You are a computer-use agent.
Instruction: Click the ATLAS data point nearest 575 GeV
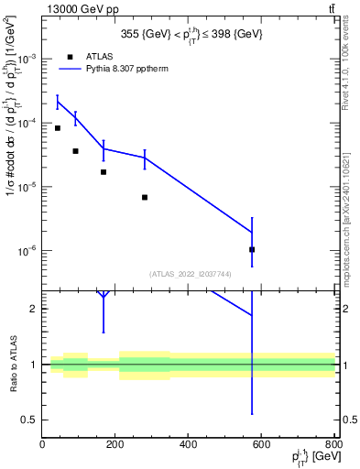coord(252,249)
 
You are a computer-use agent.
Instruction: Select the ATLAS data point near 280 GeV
coord(145,197)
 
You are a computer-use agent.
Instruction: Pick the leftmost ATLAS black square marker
coord(58,128)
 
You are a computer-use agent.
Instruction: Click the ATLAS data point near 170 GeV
coord(104,172)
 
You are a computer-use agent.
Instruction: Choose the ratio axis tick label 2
coord(35,309)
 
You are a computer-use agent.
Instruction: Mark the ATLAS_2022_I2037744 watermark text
coord(189,274)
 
